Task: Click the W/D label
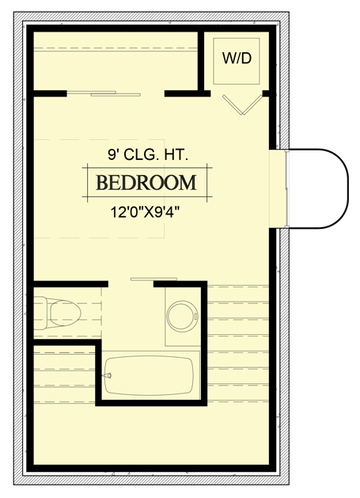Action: [239, 58]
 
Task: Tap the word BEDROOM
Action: [146, 183]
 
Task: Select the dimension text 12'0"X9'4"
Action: [147, 211]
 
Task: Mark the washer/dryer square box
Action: [239, 62]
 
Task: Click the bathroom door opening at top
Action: [131, 282]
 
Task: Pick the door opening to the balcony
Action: [279, 188]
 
